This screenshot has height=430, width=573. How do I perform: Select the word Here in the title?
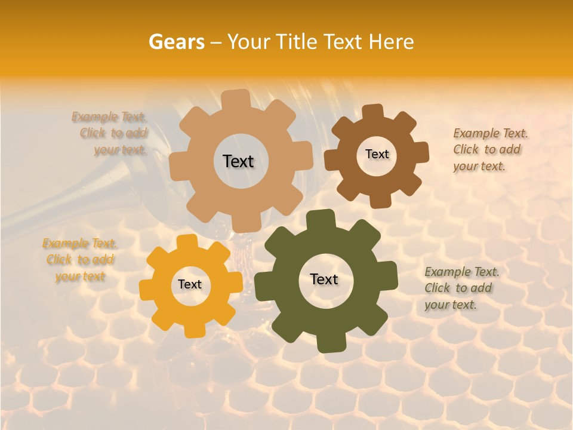(392, 42)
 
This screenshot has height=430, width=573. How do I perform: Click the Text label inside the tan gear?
(238, 161)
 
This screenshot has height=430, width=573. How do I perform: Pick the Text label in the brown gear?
(377, 154)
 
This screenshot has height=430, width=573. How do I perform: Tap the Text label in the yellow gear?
(190, 285)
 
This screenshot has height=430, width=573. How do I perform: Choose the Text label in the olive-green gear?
(324, 279)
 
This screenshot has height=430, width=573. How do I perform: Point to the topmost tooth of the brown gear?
(372, 112)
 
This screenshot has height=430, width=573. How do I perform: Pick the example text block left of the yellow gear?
(80, 260)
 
